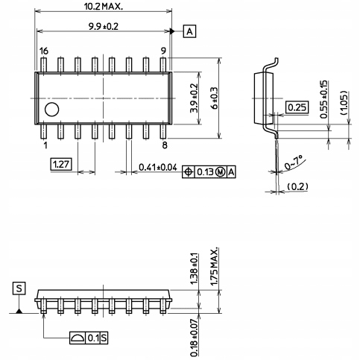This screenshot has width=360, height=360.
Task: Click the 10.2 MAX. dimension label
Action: click(x=104, y=6)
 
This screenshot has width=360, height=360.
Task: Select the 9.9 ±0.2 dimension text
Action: click(x=104, y=26)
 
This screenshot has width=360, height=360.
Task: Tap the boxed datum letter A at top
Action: click(x=189, y=31)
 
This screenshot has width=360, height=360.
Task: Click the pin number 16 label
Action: click(x=44, y=51)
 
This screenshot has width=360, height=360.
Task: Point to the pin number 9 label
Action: click(x=163, y=51)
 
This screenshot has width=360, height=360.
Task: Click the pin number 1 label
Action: click(x=45, y=145)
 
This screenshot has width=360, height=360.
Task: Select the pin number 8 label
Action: click(x=165, y=145)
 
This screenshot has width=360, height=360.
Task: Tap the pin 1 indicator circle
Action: click(x=52, y=110)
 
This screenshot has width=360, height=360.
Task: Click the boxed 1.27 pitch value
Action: click(x=61, y=164)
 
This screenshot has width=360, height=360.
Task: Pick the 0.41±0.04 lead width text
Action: click(x=158, y=167)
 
